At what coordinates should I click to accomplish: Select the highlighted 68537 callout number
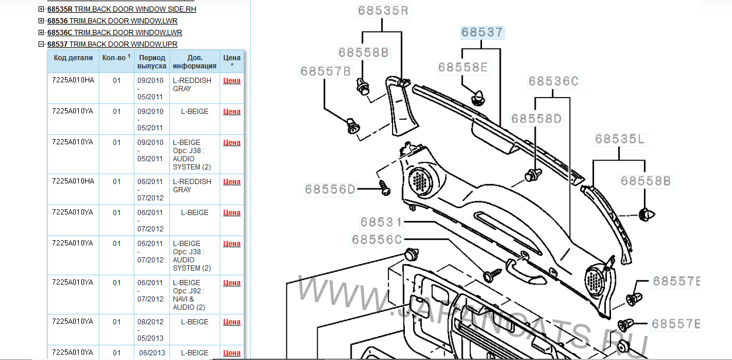click(x=481, y=32)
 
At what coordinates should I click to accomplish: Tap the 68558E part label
click(x=463, y=67)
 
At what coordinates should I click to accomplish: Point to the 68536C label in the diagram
click(x=553, y=81)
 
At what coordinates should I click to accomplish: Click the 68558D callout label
click(x=536, y=119)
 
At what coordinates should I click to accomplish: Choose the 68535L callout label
click(x=620, y=139)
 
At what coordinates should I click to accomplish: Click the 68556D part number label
click(x=329, y=189)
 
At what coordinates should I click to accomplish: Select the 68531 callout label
click(x=381, y=222)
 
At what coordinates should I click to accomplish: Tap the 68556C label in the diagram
click(x=377, y=240)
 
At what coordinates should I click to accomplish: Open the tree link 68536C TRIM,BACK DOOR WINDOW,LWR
click(x=115, y=33)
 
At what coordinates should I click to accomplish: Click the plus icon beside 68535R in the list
click(x=41, y=9)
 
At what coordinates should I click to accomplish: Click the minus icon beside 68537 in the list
click(x=41, y=44)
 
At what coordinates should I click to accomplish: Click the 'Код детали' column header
click(x=73, y=58)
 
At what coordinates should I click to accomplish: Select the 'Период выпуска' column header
click(x=152, y=62)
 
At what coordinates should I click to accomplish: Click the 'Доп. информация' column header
click(x=195, y=62)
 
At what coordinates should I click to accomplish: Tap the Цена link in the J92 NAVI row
click(x=232, y=283)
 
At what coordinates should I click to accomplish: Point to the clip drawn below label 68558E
click(x=478, y=96)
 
